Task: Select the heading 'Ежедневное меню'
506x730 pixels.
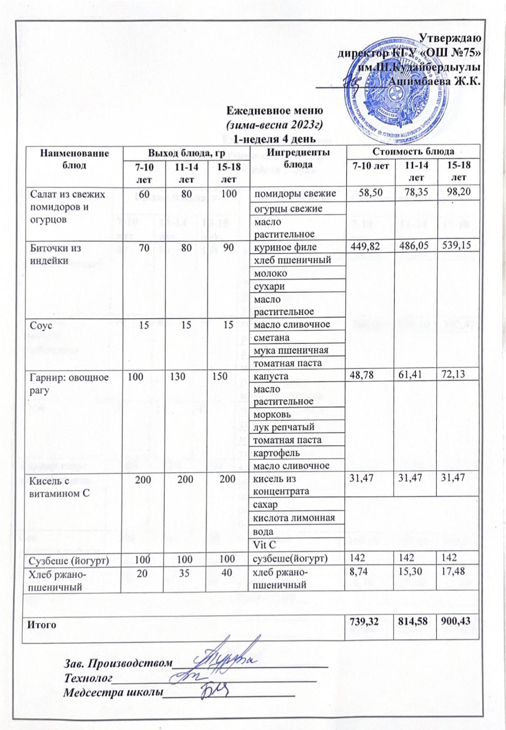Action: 275,111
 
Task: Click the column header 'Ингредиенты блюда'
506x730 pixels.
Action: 299,158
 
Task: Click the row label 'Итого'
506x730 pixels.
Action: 42,624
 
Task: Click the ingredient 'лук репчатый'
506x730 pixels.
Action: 284,428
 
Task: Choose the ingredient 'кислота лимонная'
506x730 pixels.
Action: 294,518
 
